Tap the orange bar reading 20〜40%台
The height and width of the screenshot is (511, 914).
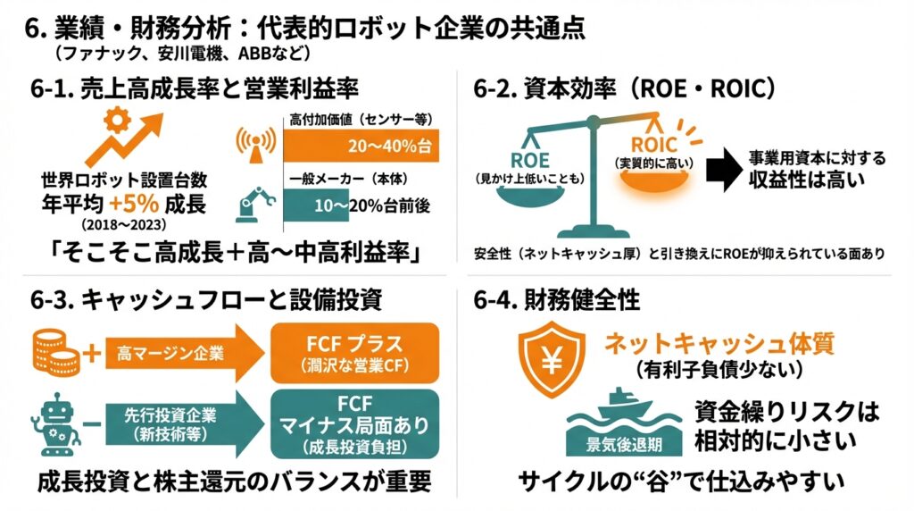pos(361,144)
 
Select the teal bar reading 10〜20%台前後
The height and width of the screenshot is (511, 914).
pos(361,206)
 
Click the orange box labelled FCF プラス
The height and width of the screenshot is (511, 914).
pos(354,351)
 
